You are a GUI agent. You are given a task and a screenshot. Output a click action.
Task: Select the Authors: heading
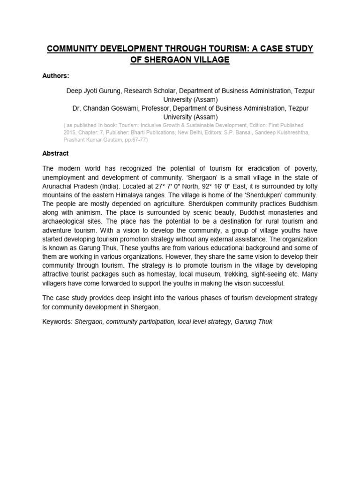click(56, 76)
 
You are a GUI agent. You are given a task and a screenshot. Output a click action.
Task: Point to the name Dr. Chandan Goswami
click(105, 108)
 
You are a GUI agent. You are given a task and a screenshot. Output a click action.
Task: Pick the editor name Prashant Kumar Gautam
click(90, 140)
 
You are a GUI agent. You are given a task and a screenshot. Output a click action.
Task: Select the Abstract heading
click(56, 154)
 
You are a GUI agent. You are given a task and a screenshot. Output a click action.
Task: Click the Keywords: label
click(57, 322)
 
